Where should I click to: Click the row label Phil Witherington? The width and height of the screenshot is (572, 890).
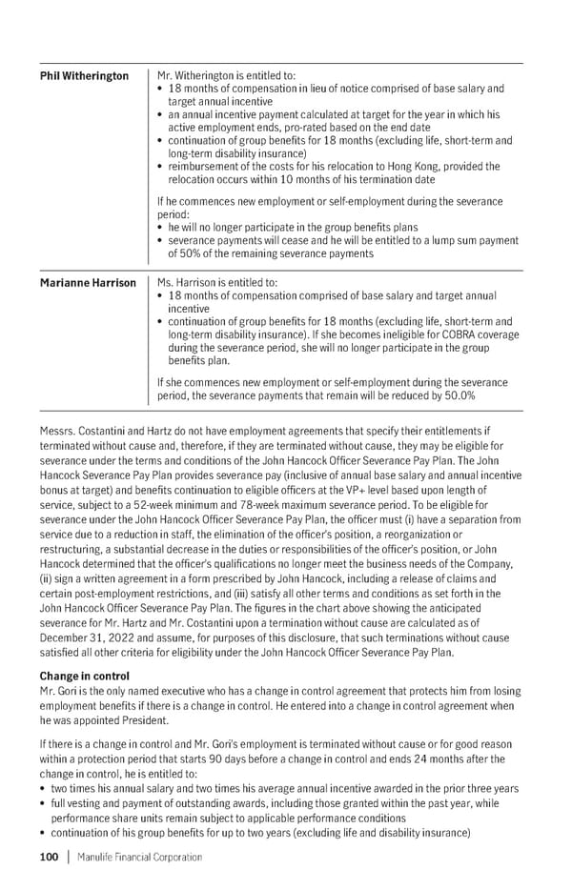coord(84,76)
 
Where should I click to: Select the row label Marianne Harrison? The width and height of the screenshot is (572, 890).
coord(88,283)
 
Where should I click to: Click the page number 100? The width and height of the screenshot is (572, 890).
coord(49,857)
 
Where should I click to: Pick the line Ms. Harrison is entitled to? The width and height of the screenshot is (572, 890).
coord(216,283)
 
